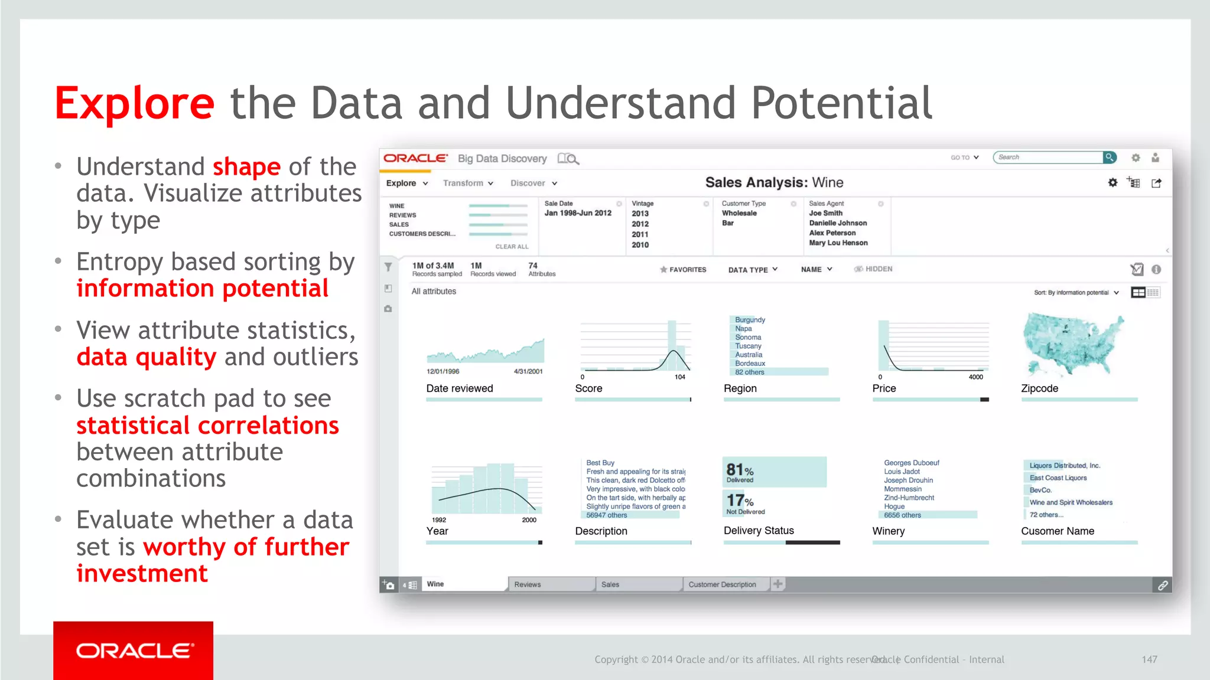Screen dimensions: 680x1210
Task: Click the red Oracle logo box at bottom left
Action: point(133,650)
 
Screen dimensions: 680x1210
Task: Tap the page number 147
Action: point(1149,659)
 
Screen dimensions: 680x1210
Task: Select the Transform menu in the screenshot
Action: point(467,183)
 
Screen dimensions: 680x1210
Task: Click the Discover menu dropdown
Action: point(533,183)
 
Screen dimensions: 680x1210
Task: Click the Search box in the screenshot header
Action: point(1047,157)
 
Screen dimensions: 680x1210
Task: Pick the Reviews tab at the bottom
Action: point(528,584)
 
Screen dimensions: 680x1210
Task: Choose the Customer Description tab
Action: point(722,584)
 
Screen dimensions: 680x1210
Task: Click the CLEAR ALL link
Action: point(512,247)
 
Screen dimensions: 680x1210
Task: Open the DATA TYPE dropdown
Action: point(752,270)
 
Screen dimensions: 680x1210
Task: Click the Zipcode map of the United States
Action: point(1073,345)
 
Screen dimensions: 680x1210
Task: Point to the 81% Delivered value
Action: point(740,472)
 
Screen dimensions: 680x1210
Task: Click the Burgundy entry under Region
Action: point(750,320)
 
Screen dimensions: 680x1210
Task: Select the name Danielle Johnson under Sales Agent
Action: point(838,223)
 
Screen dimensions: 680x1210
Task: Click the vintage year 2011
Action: point(640,234)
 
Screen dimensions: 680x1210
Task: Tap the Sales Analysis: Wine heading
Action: point(774,182)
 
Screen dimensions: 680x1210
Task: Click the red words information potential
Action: point(202,289)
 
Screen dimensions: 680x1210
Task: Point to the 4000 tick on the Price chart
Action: point(975,377)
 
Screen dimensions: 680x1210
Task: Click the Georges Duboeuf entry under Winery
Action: point(911,463)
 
